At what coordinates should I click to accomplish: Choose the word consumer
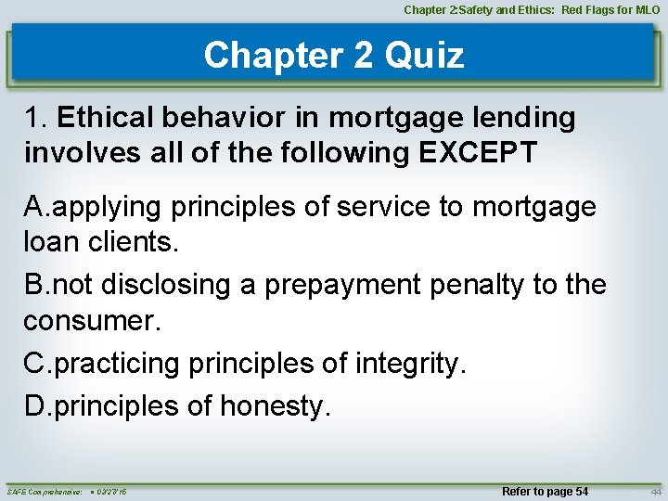88,320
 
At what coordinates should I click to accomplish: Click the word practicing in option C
118,364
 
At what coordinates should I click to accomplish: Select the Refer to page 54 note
545,491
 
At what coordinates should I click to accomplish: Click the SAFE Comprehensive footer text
45,491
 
